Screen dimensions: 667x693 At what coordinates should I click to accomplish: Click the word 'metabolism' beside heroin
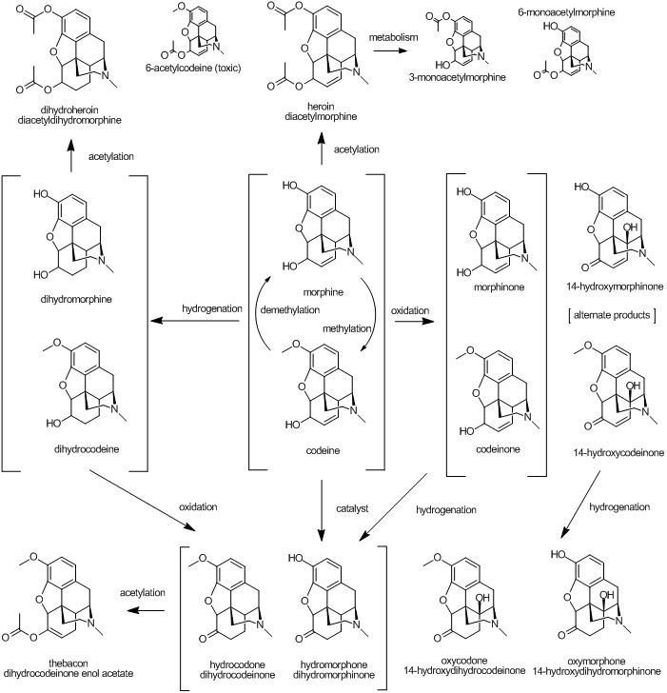pos(393,37)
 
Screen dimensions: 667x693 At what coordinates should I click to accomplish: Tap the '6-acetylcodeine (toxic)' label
pos(193,69)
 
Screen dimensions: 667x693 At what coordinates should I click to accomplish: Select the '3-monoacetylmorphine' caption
pos(457,77)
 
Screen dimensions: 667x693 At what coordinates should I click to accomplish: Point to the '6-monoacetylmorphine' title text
pos(566,12)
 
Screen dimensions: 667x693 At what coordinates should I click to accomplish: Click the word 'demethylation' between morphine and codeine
pos(290,310)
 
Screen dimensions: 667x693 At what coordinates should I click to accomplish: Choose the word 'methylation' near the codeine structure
pos(346,328)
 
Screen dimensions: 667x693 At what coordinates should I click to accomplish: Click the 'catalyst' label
pos(352,508)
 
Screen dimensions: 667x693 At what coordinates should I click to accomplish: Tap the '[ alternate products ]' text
pos(612,315)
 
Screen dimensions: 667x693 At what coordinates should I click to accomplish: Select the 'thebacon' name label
pos(68,663)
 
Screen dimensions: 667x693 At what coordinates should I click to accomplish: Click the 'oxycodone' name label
pos(464,661)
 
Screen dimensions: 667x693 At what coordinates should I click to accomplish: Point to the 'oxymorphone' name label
pos(597,662)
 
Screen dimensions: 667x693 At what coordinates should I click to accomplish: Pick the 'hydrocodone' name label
pos(237,664)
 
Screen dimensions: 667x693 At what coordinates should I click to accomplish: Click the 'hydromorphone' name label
pos(333,664)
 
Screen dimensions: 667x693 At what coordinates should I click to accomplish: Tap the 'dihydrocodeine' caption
pos(87,449)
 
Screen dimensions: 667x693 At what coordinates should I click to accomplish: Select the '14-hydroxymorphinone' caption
pos(615,287)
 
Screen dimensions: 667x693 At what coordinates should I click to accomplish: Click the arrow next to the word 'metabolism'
pos(389,50)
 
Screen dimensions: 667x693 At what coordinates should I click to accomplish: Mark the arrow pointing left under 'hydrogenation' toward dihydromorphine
pos(195,321)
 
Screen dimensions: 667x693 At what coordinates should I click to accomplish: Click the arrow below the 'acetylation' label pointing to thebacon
pos(146,610)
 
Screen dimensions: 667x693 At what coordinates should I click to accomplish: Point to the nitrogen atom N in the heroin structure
pos(356,72)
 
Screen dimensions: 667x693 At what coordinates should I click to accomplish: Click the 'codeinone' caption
pos(498,449)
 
